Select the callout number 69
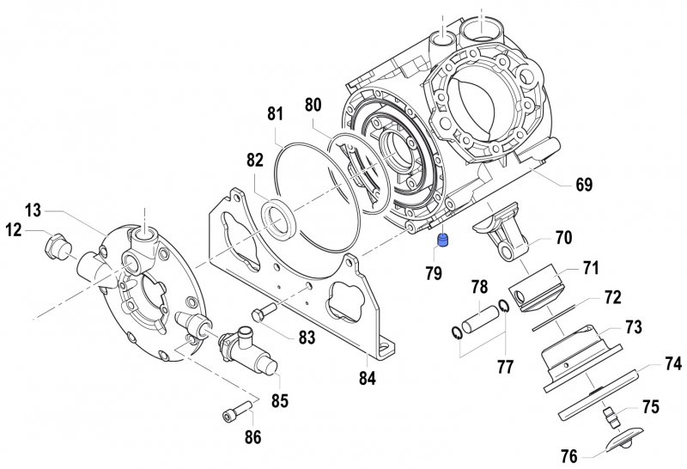pyautogui.click(x=584, y=184)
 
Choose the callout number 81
pyautogui.click(x=275, y=113)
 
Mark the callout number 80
pyautogui.click(x=313, y=105)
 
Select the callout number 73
pyautogui.click(x=633, y=326)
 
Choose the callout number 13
pyautogui.click(x=33, y=210)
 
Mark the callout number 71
pyautogui.click(x=590, y=267)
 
